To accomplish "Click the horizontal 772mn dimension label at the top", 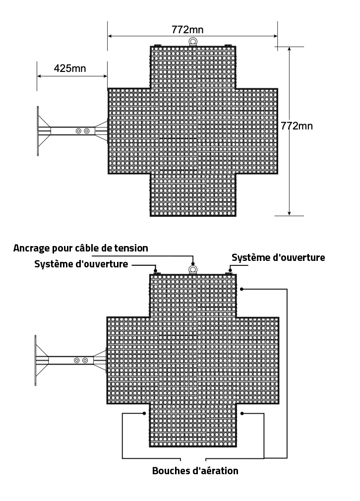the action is tap(187, 30).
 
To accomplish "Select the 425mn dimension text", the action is tap(70, 68).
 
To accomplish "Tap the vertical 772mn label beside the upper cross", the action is tap(297, 126).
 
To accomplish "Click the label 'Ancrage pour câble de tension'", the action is tap(81, 248).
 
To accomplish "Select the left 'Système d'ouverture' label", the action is tap(81, 264).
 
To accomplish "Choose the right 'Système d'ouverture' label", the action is tap(278, 257).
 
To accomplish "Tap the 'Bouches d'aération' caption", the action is tap(195, 471).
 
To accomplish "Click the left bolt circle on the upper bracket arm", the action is tap(78, 131).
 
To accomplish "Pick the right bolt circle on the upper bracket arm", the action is tap(87, 131).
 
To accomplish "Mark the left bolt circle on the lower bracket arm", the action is tap(77, 361).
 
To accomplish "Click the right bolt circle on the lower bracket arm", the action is tap(85, 361).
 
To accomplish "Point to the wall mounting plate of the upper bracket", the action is tap(38, 131).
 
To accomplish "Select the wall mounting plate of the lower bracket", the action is tap(36, 361).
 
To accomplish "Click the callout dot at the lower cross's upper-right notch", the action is tap(242, 289).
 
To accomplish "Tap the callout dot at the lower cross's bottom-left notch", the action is tap(144, 414).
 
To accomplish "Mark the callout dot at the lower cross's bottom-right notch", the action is tap(242, 414).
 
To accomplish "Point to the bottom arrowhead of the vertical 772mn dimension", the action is tap(290, 213).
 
